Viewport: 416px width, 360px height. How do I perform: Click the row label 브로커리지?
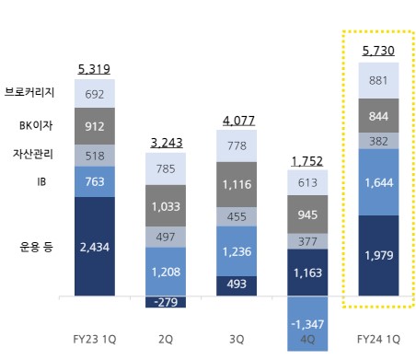(x=30, y=94)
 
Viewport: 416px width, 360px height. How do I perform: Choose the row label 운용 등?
(x=38, y=246)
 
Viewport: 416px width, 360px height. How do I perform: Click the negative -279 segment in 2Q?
(x=167, y=302)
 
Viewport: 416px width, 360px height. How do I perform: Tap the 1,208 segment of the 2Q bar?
(x=167, y=273)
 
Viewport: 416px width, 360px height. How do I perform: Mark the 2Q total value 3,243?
(x=167, y=143)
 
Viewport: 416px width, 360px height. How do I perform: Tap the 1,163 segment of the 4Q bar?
(x=308, y=273)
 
